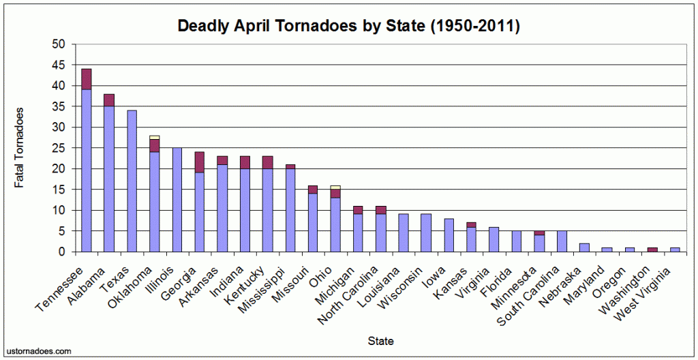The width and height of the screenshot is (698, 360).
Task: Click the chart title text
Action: (x=349, y=26)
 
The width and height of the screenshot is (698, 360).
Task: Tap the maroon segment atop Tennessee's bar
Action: (x=87, y=79)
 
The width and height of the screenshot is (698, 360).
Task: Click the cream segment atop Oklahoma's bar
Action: (x=154, y=137)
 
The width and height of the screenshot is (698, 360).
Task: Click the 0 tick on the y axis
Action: (x=63, y=252)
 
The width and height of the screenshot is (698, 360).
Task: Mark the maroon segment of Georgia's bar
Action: (x=199, y=162)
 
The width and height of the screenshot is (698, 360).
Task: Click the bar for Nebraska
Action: (x=583, y=247)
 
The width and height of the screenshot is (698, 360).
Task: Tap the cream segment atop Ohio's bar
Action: (x=335, y=187)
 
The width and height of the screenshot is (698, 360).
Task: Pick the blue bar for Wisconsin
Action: (x=425, y=233)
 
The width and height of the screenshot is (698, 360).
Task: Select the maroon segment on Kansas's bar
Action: (x=470, y=224)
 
